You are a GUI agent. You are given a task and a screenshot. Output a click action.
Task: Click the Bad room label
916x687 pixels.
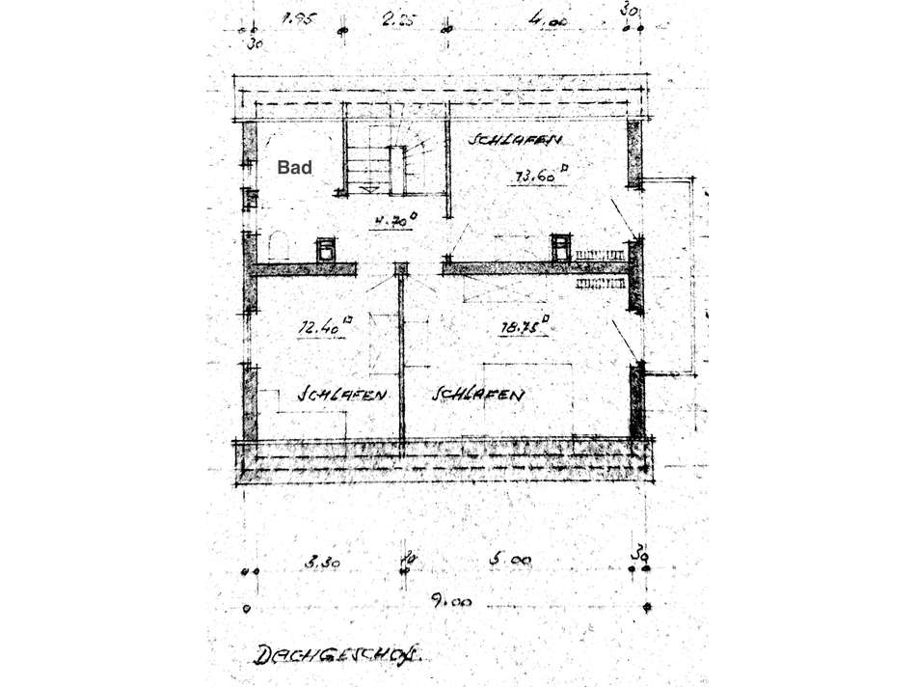pyautogui.click(x=295, y=168)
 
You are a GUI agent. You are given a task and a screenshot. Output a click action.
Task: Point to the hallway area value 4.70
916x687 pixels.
pyautogui.click(x=393, y=220)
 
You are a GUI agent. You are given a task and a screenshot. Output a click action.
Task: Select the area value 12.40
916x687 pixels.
pyautogui.click(x=322, y=328)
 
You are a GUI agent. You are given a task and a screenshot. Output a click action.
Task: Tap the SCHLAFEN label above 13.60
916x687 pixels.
pyautogui.click(x=516, y=141)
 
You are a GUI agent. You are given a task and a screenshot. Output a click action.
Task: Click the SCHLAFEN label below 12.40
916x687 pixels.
pyautogui.click(x=343, y=395)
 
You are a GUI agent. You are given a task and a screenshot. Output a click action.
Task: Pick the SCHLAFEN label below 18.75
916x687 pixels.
pyautogui.click(x=479, y=395)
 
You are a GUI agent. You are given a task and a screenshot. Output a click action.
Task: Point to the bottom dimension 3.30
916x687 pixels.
pyautogui.click(x=321, y=560)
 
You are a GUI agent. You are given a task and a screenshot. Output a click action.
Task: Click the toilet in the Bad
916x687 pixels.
pyautogui.click(x=279, y=245)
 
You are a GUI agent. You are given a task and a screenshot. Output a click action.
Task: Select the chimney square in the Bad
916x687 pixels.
pyautogui.click(x=326, y=249)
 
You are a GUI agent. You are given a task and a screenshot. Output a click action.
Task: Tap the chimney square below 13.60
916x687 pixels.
pyautogui.click(x=560, y=247)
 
